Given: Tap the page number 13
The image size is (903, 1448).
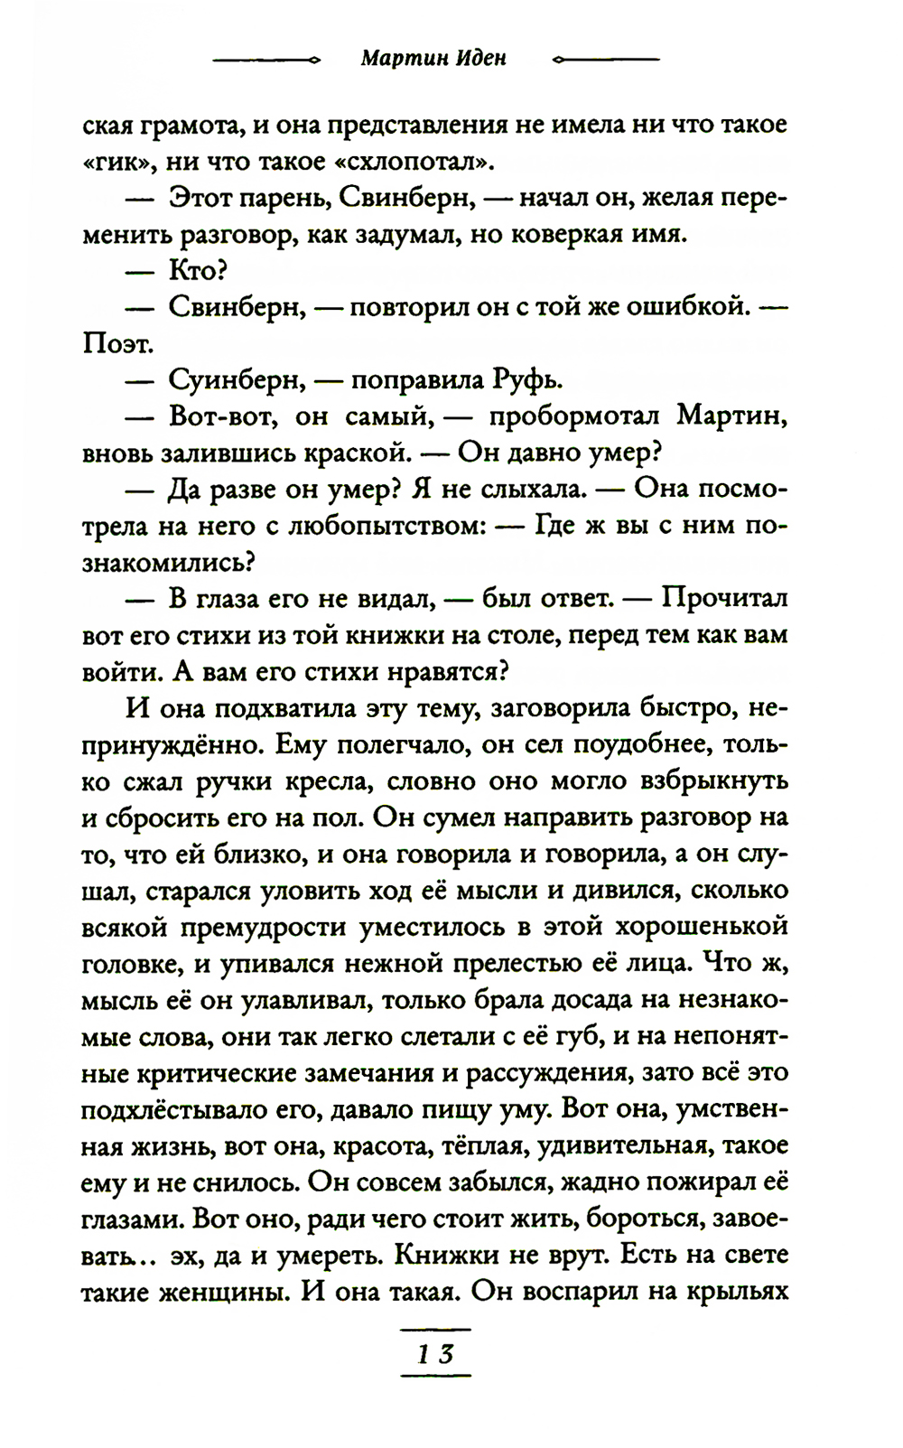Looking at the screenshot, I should tap(434, 1355).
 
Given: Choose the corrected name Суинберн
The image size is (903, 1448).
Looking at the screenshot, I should tap(236, 380).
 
